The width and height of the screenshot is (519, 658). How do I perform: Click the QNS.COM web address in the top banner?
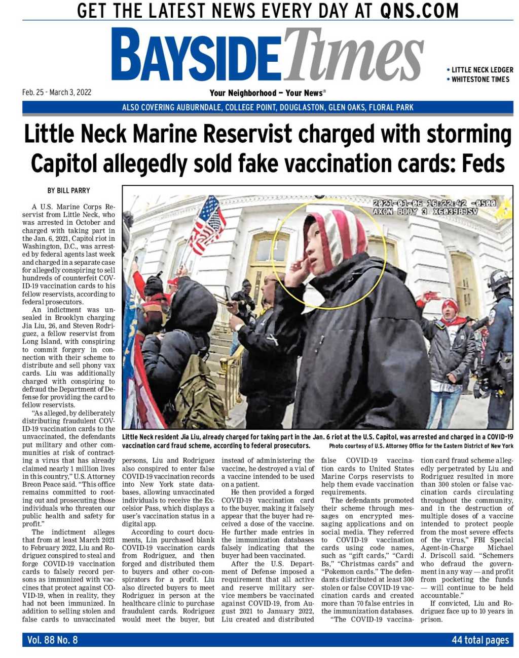point(419,11)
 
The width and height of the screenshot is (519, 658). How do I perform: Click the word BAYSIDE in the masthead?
point(195,56)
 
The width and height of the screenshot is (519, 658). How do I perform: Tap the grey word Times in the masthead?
point(353,55)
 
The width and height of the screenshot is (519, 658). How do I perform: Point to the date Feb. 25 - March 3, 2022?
point(57,92)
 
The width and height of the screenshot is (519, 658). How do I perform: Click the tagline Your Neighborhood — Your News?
point(267,93)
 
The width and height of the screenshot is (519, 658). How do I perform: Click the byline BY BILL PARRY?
point(68,191)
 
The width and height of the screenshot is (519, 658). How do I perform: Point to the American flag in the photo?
point(207,225)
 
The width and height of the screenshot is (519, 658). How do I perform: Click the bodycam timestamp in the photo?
point(434,203)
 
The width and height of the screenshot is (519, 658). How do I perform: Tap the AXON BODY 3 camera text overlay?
point(425,212)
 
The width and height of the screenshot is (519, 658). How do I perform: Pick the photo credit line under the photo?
point(421,446)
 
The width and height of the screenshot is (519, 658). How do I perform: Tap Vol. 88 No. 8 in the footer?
point(52,640)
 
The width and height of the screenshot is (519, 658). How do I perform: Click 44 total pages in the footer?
point(480,640)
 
